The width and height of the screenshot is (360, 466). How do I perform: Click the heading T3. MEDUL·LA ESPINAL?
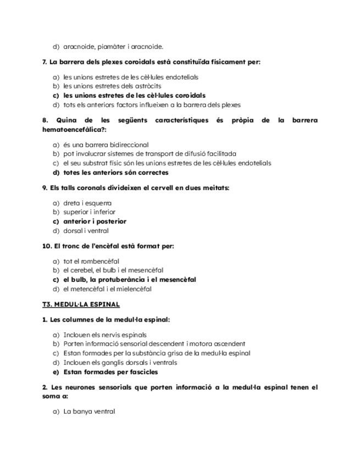pos(81,304)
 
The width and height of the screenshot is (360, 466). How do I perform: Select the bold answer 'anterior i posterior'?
pos(95,221)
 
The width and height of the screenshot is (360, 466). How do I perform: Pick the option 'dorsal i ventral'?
pos(86,231)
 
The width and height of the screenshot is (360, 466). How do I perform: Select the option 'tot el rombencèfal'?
pos(91,261)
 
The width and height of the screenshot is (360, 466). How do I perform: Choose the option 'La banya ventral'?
pos(89,411)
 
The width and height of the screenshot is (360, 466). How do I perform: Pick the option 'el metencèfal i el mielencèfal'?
pos(107,289)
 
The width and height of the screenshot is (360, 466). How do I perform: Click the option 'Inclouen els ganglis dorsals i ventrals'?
pos(120,363)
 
